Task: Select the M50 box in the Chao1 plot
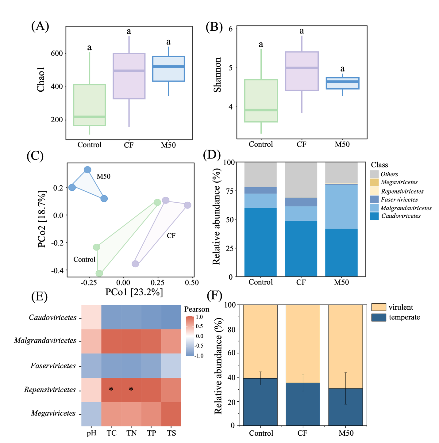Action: click(168, 69)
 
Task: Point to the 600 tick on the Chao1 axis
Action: click(56, 53)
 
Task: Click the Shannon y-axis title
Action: click(218, 75)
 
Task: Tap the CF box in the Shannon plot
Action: click(302, 71)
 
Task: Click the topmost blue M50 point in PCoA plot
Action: click(87, 170)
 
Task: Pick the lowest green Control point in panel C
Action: click(99, 273)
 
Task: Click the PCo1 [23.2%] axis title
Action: click(134, 292)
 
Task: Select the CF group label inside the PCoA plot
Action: click(171, 235)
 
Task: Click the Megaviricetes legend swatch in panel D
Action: click(374, 182)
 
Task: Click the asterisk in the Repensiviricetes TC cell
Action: click(111, 389)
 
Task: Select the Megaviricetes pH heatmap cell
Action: click(91, 414)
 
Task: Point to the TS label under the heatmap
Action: click(171, 433)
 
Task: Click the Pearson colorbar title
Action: click(197, 309)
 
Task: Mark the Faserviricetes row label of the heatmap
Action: click(53, 366)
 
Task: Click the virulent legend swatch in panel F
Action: click(379, 307)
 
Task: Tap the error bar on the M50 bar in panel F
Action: click(345, 388)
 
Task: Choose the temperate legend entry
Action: click(404, 317)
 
